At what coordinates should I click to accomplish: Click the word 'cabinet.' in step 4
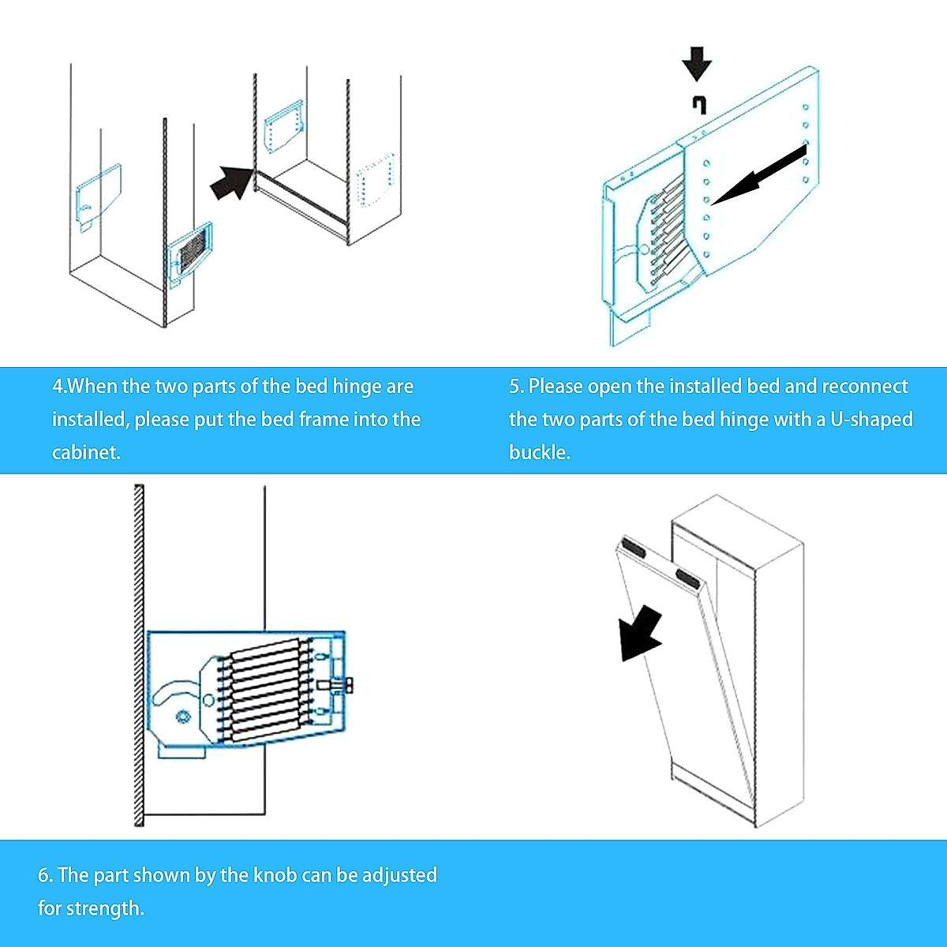86,453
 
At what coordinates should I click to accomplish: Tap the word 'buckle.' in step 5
540,453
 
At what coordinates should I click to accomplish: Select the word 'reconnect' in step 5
865,386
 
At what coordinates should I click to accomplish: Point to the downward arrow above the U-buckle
697,64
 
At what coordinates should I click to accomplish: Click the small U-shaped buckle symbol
698,104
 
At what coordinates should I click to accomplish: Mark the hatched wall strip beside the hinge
139,655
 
